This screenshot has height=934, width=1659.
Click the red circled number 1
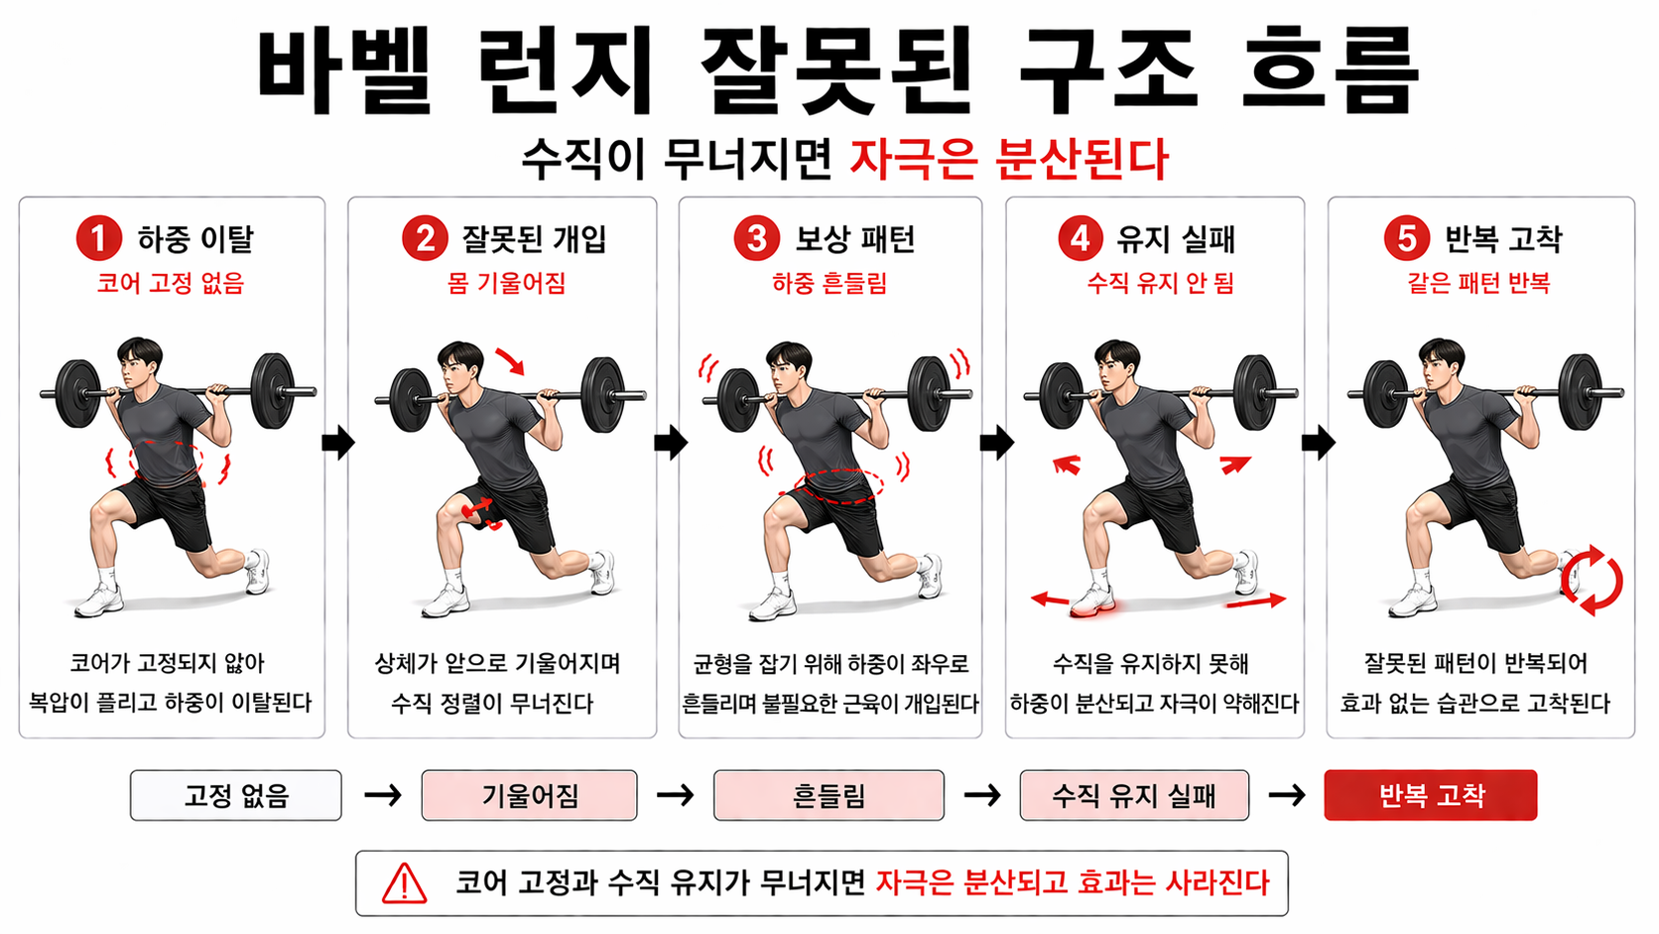[98, 238]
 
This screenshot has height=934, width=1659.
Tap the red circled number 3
[756, 238]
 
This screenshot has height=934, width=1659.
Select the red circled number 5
[1405, 238]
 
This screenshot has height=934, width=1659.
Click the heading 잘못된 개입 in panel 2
[533, 239]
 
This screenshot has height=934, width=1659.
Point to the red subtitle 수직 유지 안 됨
[1160, 283]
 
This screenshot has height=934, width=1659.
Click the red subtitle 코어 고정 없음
[170, 283]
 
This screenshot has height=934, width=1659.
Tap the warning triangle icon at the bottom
[404, 883]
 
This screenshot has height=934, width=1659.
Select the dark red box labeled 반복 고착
[1430, 795]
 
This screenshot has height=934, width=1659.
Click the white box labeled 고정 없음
[235, 795]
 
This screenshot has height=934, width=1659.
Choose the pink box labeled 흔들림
[829, 795]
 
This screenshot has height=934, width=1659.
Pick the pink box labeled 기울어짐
[529, 795]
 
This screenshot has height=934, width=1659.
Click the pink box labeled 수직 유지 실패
[1133, 795]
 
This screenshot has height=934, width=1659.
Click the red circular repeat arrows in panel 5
[1592, 580]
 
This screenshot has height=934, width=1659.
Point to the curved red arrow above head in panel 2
[510, 360]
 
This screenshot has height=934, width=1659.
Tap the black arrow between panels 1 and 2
[337, 443]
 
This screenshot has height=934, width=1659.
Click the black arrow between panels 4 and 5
[1318, 443]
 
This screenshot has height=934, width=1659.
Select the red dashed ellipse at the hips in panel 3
[838, 485]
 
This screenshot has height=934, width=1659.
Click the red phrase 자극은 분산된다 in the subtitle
[1009, 159]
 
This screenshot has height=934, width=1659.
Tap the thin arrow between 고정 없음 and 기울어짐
[382, 795]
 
